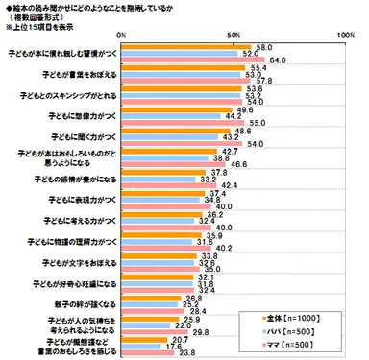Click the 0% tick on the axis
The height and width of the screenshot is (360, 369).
tap(130, 35)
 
